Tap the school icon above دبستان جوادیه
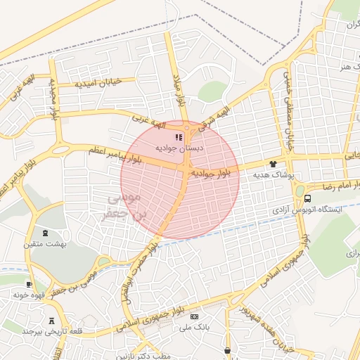click(178, 136)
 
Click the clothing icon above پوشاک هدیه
click(274, 164)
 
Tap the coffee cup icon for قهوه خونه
click(28, 285)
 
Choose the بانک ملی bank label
click(194, 328)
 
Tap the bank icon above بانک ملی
click(194, 317)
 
